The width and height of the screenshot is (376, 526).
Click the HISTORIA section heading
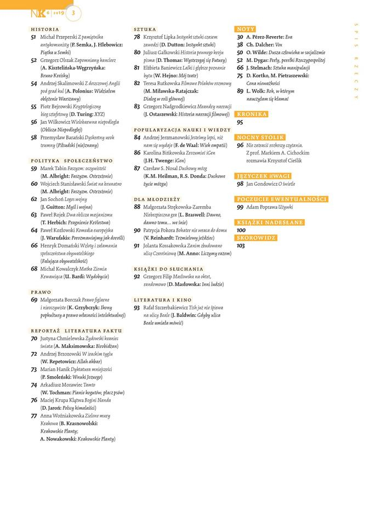45,29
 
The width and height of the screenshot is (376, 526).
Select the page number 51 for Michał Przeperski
34,37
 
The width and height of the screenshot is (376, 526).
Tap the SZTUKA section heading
145,29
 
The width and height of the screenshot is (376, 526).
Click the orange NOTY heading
246,28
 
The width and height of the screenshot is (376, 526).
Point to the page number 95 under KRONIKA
240,123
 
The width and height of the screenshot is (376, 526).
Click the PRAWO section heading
41,292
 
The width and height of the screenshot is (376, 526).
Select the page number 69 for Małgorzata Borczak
34,300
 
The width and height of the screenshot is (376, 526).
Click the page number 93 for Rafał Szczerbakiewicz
137,308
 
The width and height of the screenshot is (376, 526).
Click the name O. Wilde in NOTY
257,53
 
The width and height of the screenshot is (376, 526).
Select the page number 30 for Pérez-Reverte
240,37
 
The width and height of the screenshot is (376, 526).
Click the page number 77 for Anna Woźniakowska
34,416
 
